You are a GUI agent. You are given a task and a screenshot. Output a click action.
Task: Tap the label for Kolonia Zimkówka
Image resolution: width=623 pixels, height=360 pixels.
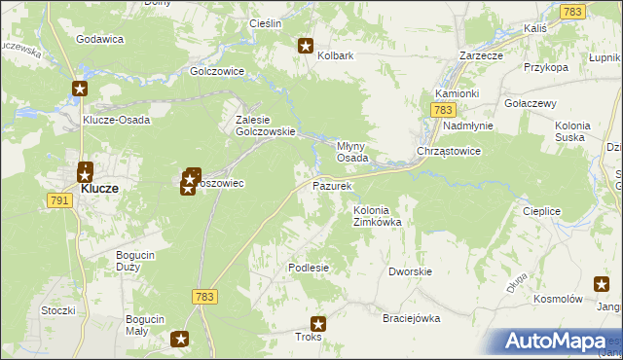(x=378, y=216)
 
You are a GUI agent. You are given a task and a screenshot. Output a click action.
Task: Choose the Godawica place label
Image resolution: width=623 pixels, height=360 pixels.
(x=99, y=39)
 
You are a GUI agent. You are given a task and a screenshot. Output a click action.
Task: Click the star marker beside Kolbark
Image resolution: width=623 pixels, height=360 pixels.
(x=305, y=45)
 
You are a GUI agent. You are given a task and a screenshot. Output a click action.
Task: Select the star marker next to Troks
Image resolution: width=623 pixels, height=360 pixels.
(x=318, y=324)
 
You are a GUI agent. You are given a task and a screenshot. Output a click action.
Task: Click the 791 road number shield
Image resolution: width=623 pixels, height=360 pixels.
(x=59, y=200)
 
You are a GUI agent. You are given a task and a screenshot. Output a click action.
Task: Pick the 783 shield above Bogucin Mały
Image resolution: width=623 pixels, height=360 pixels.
(x=203, y=297)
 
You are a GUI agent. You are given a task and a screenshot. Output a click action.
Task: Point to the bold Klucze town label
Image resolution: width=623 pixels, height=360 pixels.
(x=99, y=189)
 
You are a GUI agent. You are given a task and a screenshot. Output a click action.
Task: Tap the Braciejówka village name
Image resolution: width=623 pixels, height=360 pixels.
(x=412, y=318)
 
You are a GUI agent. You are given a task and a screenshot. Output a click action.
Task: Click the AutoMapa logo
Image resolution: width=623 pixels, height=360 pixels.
(x=559, y=341)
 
